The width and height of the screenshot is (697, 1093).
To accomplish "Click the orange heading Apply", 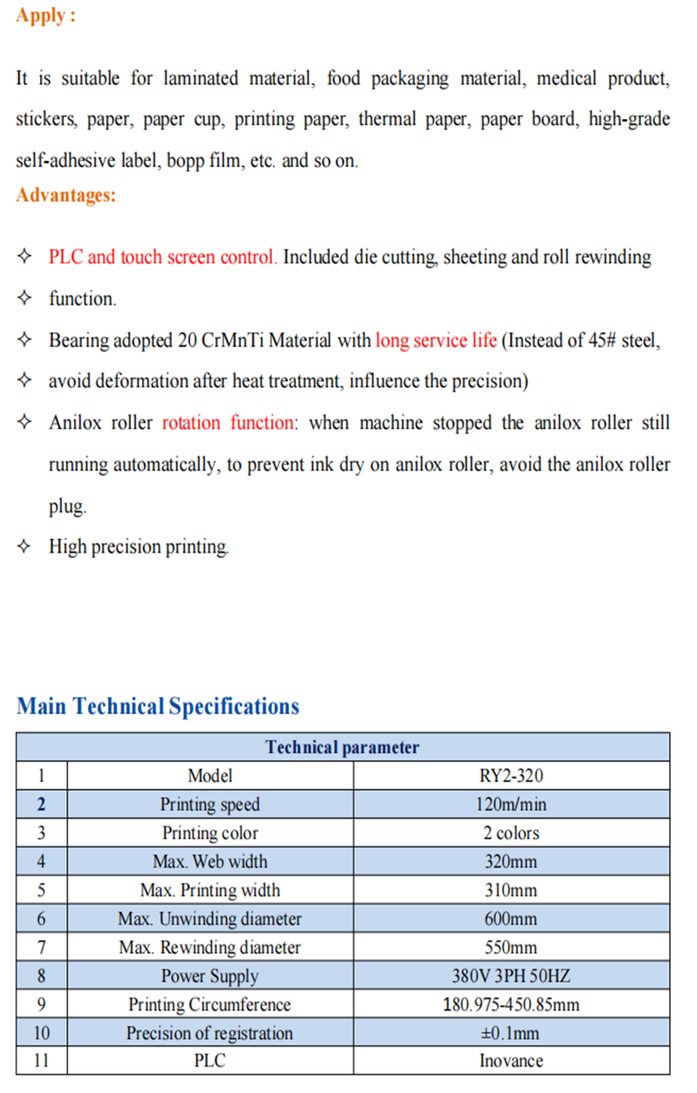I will tap(45, 16).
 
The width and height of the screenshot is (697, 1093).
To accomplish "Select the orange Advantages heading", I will tap(66, 195).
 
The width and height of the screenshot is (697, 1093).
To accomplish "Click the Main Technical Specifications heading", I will tap(158, 707).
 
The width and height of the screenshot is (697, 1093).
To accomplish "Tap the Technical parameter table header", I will tap(342, 747).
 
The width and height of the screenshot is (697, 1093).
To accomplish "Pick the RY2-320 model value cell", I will tap(511, 775).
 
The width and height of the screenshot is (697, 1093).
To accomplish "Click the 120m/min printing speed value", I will tap(511, 804).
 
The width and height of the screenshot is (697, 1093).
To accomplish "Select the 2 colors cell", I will tap(511, 833).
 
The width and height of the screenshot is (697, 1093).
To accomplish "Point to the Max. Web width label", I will tap(210, 861).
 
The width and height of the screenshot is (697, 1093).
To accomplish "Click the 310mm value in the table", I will tap(511, 890).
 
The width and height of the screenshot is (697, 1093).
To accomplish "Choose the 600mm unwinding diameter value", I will tap(511, 919).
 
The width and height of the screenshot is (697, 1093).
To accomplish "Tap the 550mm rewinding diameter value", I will tap(511, 947).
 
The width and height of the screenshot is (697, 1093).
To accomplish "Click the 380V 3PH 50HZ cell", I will tap(511, 976).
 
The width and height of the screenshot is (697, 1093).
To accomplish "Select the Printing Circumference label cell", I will tap(210, 1005).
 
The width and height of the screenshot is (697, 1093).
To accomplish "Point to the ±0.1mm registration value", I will tap(511, 1034).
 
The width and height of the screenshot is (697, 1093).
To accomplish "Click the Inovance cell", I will tap(511, 1061).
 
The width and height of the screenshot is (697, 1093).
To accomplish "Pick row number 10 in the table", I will tap(42, 1034).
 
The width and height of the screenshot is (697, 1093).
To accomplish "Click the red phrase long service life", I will tap(436, 341).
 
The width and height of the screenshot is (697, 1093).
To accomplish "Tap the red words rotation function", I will tap(230, 423).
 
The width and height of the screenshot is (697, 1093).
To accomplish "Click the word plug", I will tap(67, 507).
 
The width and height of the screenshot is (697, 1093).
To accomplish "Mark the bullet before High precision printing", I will tap(25, 546).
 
